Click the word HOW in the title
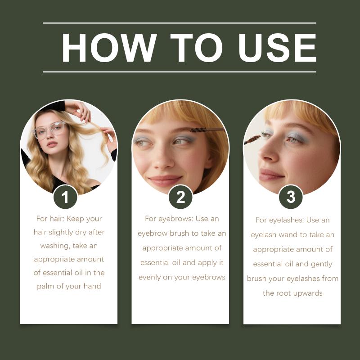click(109, 48)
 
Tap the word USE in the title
click(277, 48)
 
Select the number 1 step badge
click(65, 197)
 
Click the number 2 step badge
click(180, 197)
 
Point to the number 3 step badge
click(291, 197)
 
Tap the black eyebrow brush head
click(198, 130)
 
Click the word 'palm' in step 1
click(45, 286)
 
